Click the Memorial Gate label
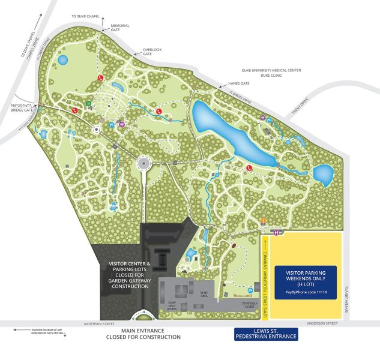[x=120, y=28]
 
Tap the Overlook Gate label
[x=152, y=52]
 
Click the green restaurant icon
[x=88, y=103]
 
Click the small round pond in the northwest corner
[x=62, y=60]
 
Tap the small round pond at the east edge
[x=323, y=174]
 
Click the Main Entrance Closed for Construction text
[x=143, y=334]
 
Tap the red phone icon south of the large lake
[x=247, y=169]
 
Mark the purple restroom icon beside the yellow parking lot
[x=276, y=232]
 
